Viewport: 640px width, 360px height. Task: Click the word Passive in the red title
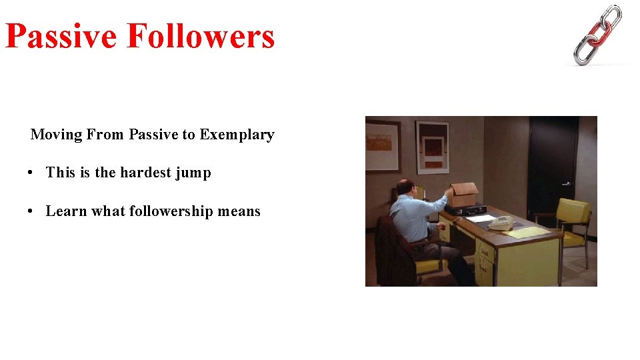click(61, 36)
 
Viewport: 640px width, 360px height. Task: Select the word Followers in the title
click(200, 36)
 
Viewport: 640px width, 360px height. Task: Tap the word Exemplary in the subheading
click(237, 135)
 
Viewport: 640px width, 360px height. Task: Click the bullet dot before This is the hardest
click(31, 173)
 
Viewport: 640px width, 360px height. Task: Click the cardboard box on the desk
click(463, 195)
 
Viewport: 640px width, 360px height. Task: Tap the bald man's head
click(404, 187)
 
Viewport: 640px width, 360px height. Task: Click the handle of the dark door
click(565, 183)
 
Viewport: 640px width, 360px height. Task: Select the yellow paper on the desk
click(527, 233)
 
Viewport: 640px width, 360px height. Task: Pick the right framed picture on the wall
click(432, 147)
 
